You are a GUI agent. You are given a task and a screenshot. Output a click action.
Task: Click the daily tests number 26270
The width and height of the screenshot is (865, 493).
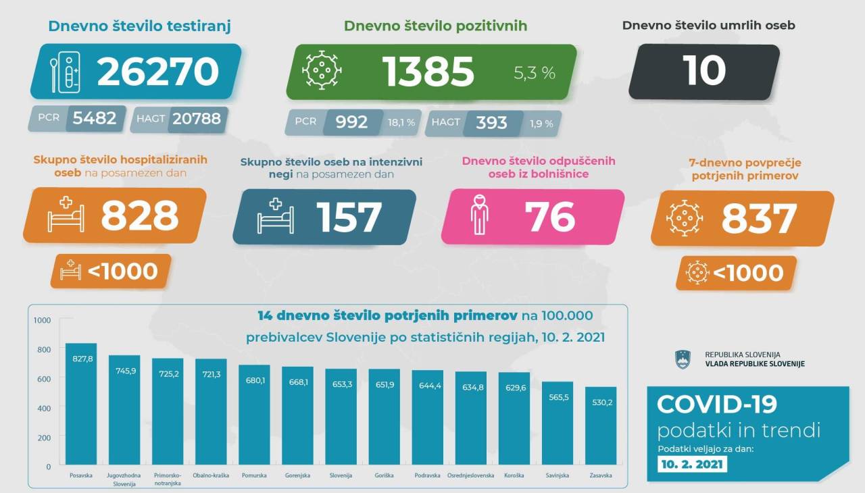coord(158,72)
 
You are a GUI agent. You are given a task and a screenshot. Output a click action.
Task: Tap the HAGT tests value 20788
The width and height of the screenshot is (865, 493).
coord(197,119)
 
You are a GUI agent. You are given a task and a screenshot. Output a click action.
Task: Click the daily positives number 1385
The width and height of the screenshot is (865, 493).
coord(428,72)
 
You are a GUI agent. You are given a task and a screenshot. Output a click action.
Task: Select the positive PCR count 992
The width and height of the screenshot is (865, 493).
coord(351,122)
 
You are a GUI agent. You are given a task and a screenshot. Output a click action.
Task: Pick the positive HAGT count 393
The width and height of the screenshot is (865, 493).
coord(491,122)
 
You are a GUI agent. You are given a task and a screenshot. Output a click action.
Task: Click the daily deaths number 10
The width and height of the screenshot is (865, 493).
coord(704,71)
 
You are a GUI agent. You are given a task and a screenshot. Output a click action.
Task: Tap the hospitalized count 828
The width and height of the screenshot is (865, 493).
coord(140,216)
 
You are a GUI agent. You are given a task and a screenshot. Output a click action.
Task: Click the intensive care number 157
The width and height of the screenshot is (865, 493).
coord(349,217)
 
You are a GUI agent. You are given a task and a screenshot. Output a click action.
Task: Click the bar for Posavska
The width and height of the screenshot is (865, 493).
coord(81,405)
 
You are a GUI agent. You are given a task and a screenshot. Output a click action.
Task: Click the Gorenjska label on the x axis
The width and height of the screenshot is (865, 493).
coord(297,475)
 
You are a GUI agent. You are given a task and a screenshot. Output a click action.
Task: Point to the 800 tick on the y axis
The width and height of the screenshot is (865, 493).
coord(43,349)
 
